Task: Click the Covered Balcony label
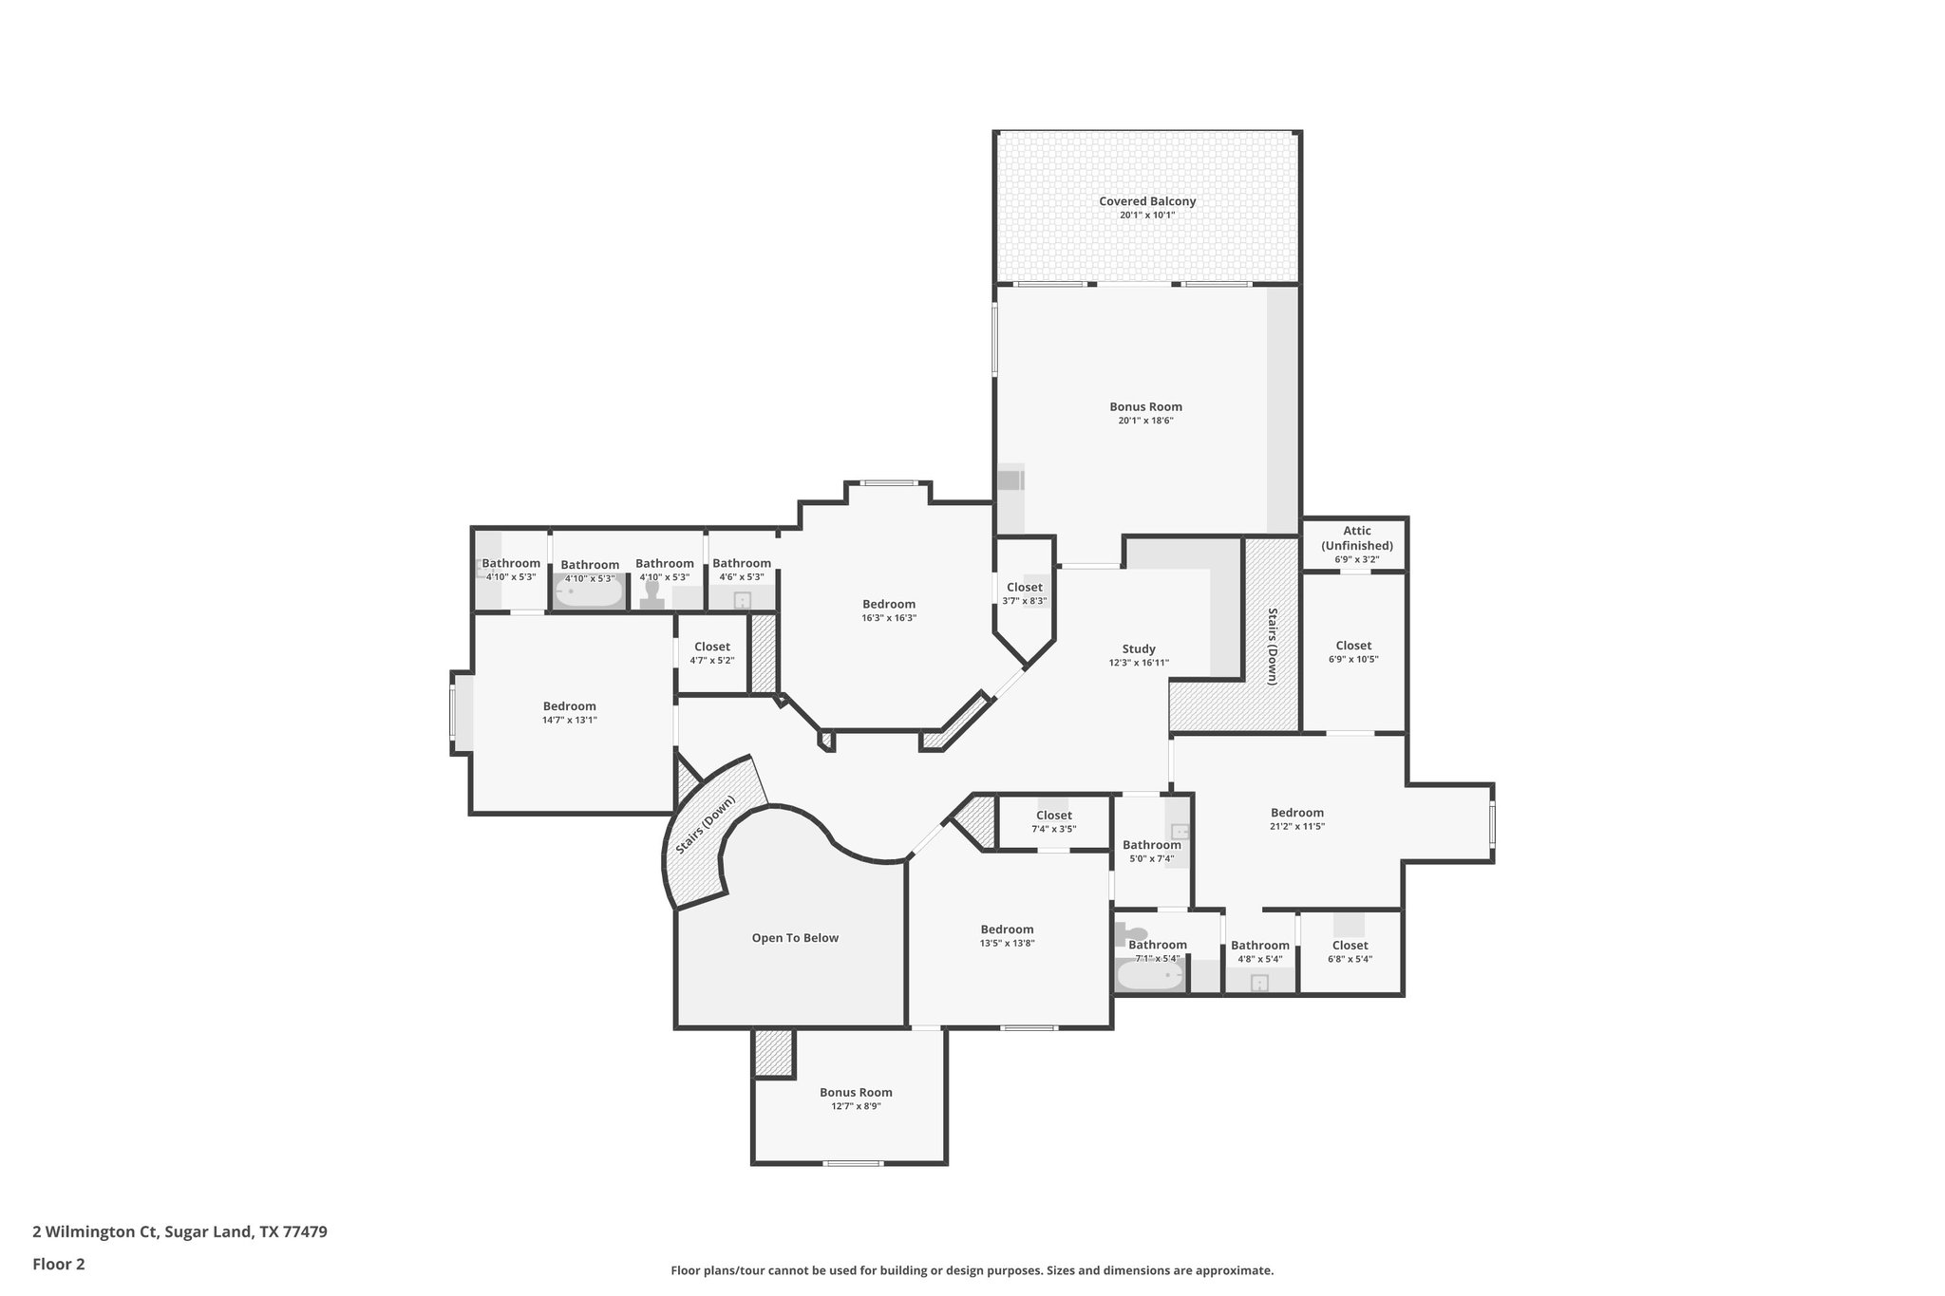tap(1147, 201)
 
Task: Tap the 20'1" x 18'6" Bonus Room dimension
tap(1146, 421)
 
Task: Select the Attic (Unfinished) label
tap(1356, 538)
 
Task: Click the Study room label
tap(1139, 649)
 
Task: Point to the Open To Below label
tap(795, 938)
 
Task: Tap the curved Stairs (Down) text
tap(706, 824)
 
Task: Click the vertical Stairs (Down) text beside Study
tap(1272, 646)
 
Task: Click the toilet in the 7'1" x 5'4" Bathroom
tap(1135, 934)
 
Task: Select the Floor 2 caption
tap(59, 1264)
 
